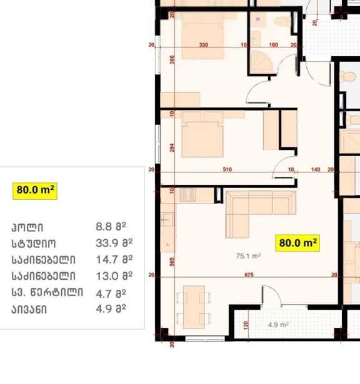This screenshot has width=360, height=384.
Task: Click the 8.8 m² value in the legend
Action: click(x=111, y=227)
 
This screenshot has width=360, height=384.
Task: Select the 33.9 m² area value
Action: click(x=114, y=243)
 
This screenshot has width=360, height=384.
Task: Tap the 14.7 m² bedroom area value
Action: click(x=114, y=259)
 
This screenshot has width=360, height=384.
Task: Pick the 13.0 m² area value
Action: click(x=114, y=276)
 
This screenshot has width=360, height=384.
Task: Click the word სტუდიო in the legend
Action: click(x=34, y=244)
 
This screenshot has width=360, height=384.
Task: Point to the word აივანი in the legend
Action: click(x=29, y=310)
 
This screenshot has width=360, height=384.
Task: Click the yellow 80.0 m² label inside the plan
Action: click(x=297, y=243)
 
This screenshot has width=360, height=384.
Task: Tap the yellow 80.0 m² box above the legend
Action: click(x=35, y=191)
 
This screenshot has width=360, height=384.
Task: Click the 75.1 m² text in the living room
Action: click(x=248, y=256)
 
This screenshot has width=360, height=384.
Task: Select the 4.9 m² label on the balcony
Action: click(x=278, y=325)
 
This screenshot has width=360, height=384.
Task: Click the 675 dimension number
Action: click(x=249, y=275)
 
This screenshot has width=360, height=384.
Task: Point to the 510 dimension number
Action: click(x=227, y=169)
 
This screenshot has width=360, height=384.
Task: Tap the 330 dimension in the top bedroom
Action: click(x=204, y=45)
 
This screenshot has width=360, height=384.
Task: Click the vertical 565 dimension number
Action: click(x=172, y=262)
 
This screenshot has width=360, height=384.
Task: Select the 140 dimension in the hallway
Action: click(x=316, y=169)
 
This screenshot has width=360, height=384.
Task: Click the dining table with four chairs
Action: click(x=194, y=307)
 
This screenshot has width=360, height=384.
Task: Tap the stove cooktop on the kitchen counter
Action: click(x=187, y=195)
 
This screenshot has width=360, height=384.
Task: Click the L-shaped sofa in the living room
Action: click(x=261, y=214)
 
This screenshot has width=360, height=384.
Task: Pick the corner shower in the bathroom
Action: click(x=262, y=62)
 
